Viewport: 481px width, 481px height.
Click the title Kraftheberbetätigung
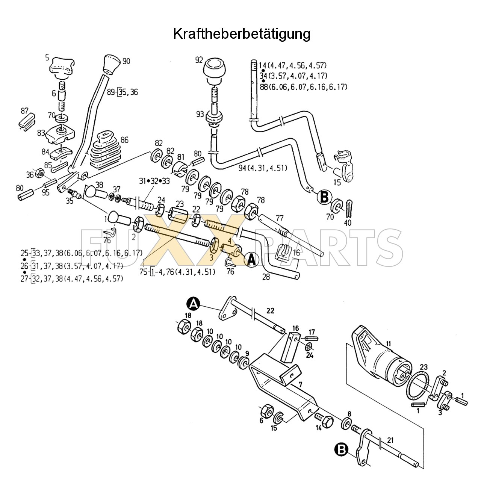(242, 34)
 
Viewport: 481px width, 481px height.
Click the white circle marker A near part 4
(251, 259)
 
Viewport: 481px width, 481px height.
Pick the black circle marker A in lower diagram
(192, 303)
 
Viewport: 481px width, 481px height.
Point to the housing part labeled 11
(380, 357)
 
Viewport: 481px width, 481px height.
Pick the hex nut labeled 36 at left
(39, 174)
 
